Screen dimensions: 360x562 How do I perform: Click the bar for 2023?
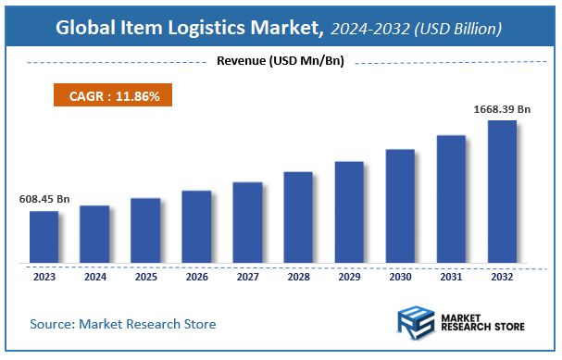click(44, 237)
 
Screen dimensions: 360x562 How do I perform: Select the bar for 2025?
click(145, 230)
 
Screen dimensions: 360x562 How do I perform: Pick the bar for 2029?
click(349, 212)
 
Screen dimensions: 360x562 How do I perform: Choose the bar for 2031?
click(451, 199)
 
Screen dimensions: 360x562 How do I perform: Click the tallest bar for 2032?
click(502, 192)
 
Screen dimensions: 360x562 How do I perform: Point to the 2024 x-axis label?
click(94, 276)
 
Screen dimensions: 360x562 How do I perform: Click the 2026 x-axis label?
click(196, 276)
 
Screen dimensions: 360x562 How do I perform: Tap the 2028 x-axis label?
click(298, 276)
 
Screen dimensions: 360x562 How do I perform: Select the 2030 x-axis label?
click(400, 276)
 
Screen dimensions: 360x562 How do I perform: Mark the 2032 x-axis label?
click(502, 276)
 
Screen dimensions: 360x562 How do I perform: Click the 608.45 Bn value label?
click(44, 200)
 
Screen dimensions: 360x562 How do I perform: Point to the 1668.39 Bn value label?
click(501, 109)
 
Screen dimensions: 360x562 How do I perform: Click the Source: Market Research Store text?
click(123, 324)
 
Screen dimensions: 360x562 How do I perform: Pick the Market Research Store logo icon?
click(416, 323)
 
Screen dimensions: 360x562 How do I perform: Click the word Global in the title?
click(84, 29)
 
